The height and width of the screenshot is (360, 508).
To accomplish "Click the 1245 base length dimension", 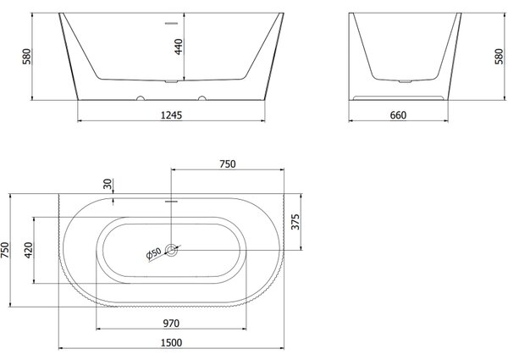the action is click(x=171, y=115).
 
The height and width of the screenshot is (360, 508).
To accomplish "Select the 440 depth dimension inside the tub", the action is click(x=179, y=47).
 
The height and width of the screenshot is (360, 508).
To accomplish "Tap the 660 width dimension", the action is click(x=398, y=115).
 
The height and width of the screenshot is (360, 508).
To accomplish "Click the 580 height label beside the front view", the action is click(x=26, y=57).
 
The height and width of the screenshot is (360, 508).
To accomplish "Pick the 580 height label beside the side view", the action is click(x=500, y=57).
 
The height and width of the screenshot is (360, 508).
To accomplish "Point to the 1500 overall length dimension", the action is click(x=171, y=342).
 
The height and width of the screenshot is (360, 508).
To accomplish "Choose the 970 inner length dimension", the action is click(x=171, y=323).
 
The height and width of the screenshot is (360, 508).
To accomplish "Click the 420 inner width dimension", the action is click(x=29, y=250).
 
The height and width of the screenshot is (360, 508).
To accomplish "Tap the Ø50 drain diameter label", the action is click(x=154, y=253).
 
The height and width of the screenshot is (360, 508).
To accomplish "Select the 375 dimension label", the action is click(x=295, y=222).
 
